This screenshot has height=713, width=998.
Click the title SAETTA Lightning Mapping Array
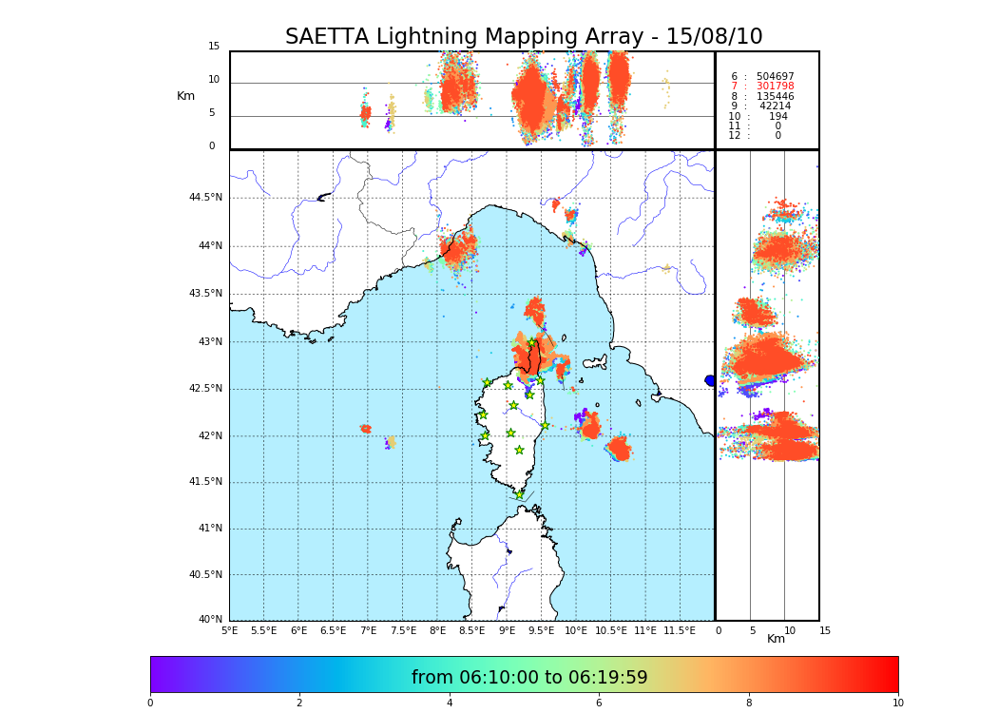pyautogui.click(x=524, y=37)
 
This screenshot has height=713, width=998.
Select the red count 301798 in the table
pyautogui.click(x=775, y=87)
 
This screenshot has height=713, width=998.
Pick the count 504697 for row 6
pyautogui.click(x=775, y=77)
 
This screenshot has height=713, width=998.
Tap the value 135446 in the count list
pyautogui.click(x=775, y=97)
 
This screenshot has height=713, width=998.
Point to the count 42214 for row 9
pyautogui.click(x=775, y=106)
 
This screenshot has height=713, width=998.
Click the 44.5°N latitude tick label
pyautogui.click(x=205, y=198)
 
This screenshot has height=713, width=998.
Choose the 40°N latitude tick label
pyautogui.click(x=210, y=620)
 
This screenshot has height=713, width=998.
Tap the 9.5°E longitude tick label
pyautogui.click(x=541, y=630)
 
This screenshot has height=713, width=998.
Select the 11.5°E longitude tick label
pyautogui.click(x=680, y=630)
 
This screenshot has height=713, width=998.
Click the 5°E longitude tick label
pyautogui.click(x=229, y=630)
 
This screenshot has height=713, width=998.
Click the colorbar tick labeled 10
pyautogui.click(x=898, y=703)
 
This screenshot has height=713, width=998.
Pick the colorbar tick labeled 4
pyautogui.click(x=450, y=703)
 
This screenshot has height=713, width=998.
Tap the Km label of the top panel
pyautogui.click(x=185, y=96)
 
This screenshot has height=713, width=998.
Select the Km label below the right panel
pyautogui.click(x=777, y=639)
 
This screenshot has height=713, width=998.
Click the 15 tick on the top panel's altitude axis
pyautogui.click(x=214, y=47)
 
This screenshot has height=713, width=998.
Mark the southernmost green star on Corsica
pyautogui.click(x=519, y=494)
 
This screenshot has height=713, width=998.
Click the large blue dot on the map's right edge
pyautogui.click(x=710, y=380)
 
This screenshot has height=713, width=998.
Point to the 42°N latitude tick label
pyautogui.click(x=210, y=436)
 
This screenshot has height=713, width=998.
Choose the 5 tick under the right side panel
pyautogui.click(x=752, y=630)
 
